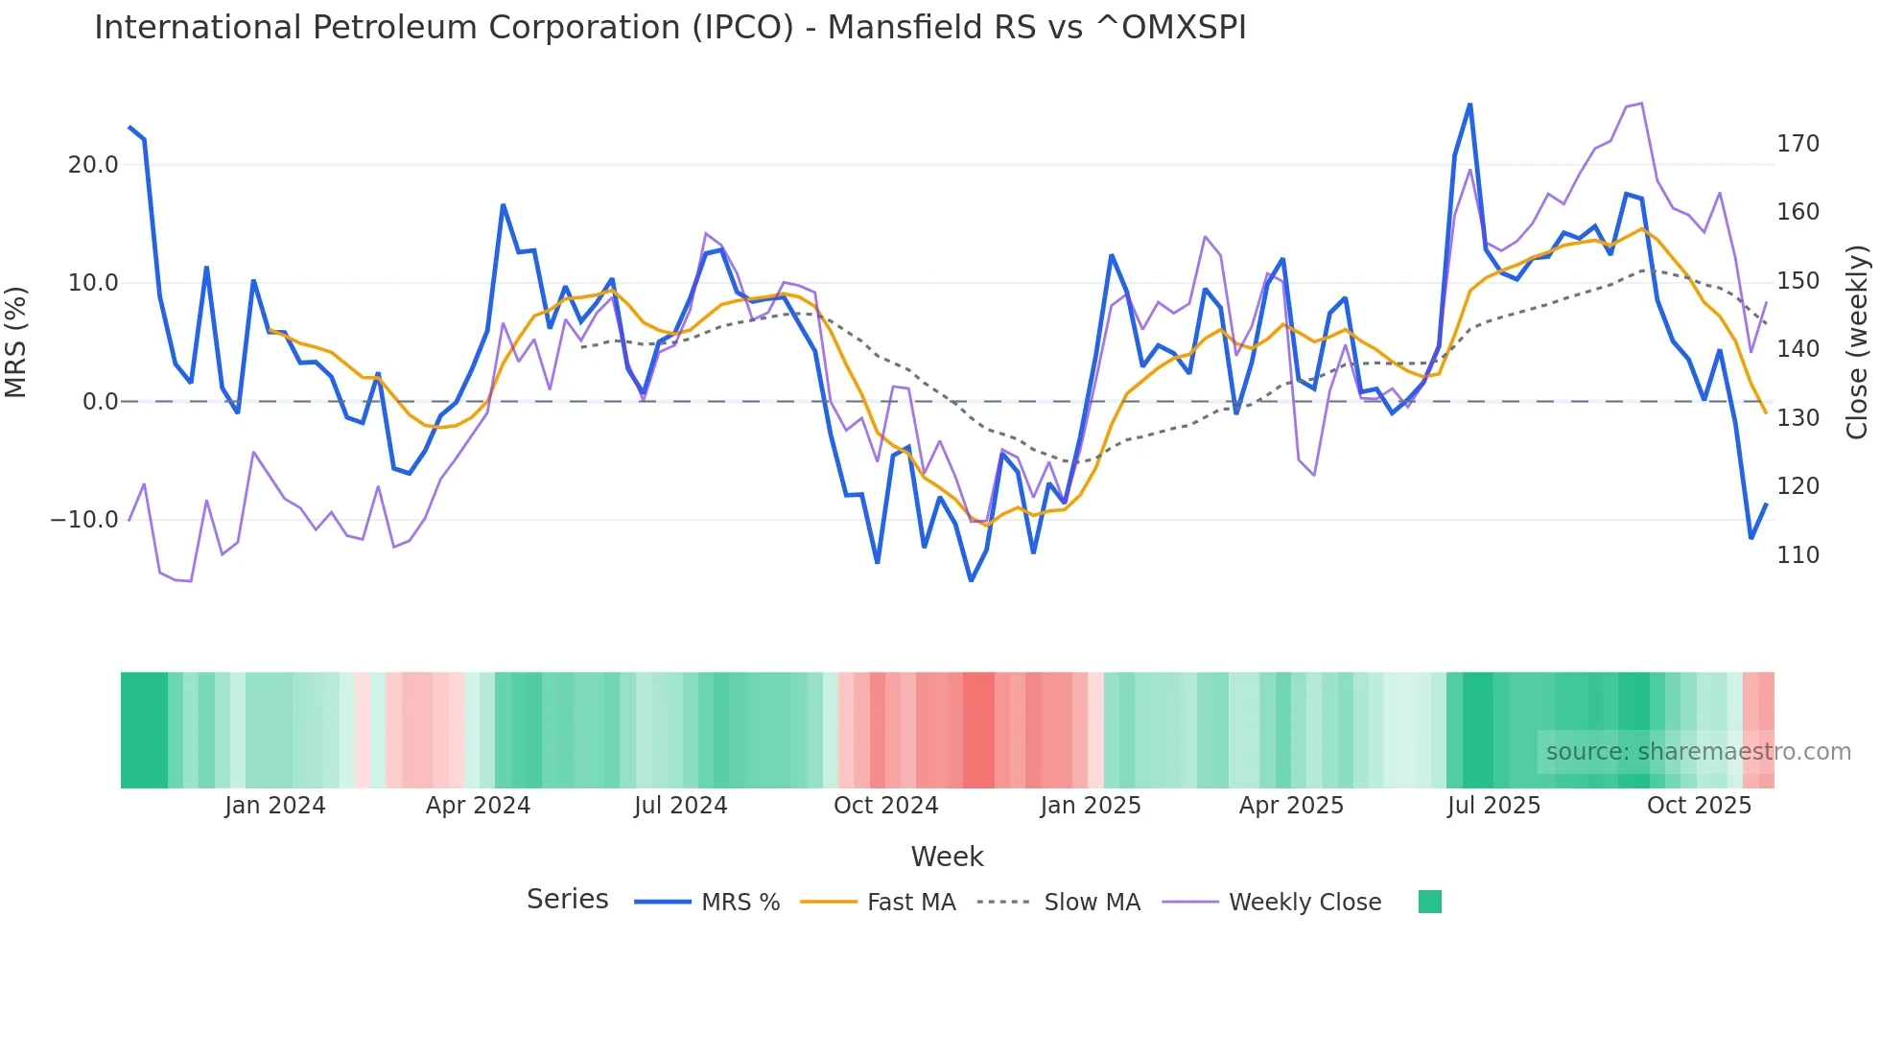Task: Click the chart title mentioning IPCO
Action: pyautogui.click(x=670, y=28)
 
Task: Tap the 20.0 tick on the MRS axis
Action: pyautogui.click(x=93, y=165)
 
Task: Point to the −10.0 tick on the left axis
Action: pyautogui.click(x=84, y=520)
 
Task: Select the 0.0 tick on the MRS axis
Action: pyautogui.click(x=100, y=402)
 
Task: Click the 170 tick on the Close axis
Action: pyautogui.click(x=1798, y=144)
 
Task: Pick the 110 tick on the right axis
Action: pyautogui.click(x=1798, y=555)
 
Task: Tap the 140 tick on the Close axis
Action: pyautogui.click(x=1798, y=349)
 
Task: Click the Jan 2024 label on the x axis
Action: pyautogui.click(x=275, y=806)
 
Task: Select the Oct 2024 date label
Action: pyautogui.click(x=885, y=806)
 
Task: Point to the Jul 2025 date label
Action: pyautogui.click(x=1493, y=806)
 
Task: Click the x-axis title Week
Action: pyautogui.click(x=947, y=857)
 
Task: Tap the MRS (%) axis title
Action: pyautogui.click(x=16, y=342)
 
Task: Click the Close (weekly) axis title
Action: pyautogui.click(x=1857, y=342)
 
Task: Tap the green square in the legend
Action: pyautogui.click(x=1429, y=902)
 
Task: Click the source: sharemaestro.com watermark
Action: pyautogui.click(x=1698, y=752)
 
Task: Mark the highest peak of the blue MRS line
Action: pyautogui.click(x=1469, y=105)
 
